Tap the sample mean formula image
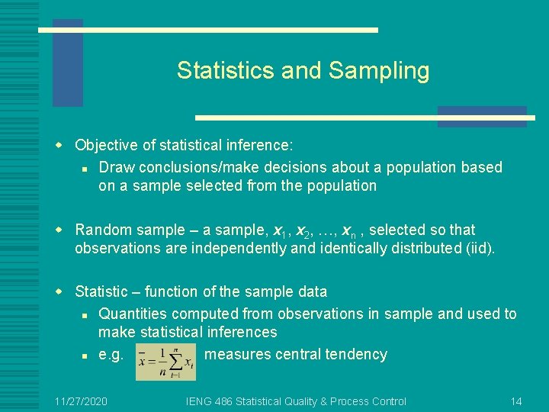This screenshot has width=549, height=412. [x=165, y=359]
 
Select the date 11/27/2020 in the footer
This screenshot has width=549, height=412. [x=82, y=401]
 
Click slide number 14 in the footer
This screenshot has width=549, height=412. [x=516, y=401]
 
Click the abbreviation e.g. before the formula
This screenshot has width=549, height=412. [x=111, y=355]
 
